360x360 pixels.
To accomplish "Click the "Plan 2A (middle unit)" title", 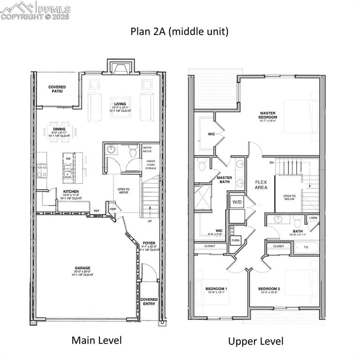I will tap(180, 32).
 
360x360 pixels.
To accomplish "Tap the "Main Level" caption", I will tap(97, 340).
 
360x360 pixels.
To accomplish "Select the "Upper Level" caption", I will tap(255, 341).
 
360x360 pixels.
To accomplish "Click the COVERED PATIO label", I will tap(57, 89).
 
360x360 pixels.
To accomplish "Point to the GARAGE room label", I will tap(82, 269).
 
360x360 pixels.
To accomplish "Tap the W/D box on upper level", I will tap(237, 202).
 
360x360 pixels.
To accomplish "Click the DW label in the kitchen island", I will tap(68, 159).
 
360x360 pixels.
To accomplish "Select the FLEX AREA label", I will tap(261, 184).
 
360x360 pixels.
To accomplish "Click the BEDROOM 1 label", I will tap(216, 288).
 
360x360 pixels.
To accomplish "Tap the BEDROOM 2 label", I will tap(269, 288).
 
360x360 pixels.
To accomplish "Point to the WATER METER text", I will tap(150, 150).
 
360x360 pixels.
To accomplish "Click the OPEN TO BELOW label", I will tap(289, 197).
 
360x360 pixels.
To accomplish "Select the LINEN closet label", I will tap(313, 218).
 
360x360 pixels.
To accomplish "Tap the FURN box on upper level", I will tap(235, 241).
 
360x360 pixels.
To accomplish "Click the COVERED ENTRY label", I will tap(150, 301).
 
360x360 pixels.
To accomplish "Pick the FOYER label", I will tap(149, 243).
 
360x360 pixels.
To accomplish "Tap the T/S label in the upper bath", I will tap(306, 247).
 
